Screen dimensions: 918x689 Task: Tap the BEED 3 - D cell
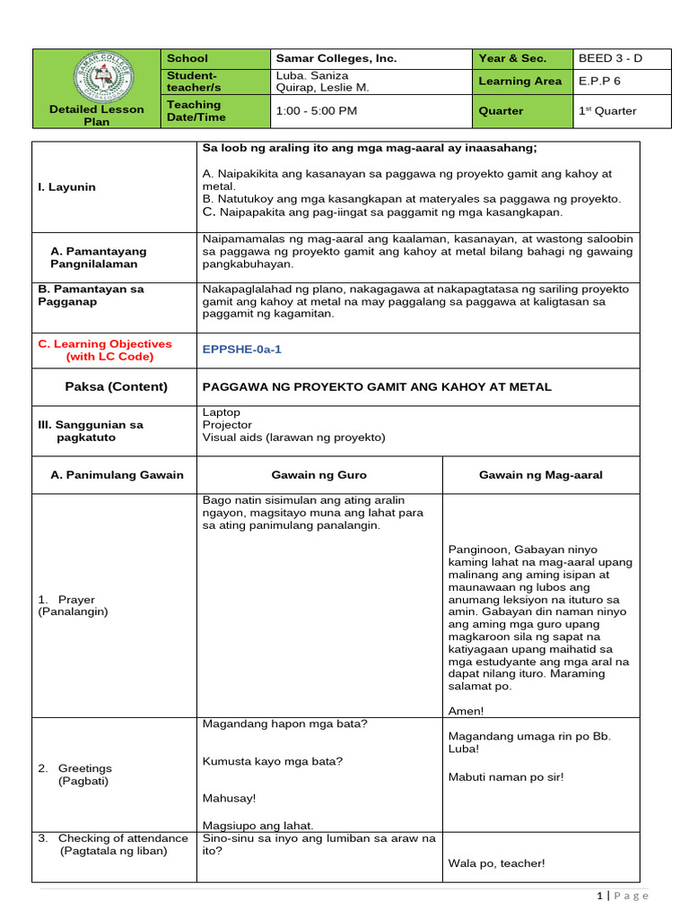(610, 58)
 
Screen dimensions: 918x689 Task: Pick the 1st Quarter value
(607, 111)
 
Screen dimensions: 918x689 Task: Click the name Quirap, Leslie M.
(321, 88)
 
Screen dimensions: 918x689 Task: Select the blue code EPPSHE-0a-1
(242, 350)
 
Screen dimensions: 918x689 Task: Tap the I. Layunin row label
(65, 187)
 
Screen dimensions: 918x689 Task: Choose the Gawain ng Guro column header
(318, 474)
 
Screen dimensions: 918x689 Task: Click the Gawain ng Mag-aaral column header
(540, 474)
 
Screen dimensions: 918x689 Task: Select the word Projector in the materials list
(227, 425)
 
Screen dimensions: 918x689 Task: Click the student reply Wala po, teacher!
(496, 863)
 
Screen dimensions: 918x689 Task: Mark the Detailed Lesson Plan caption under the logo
(96, 116)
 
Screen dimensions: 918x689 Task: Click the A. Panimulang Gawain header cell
(117, 474)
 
